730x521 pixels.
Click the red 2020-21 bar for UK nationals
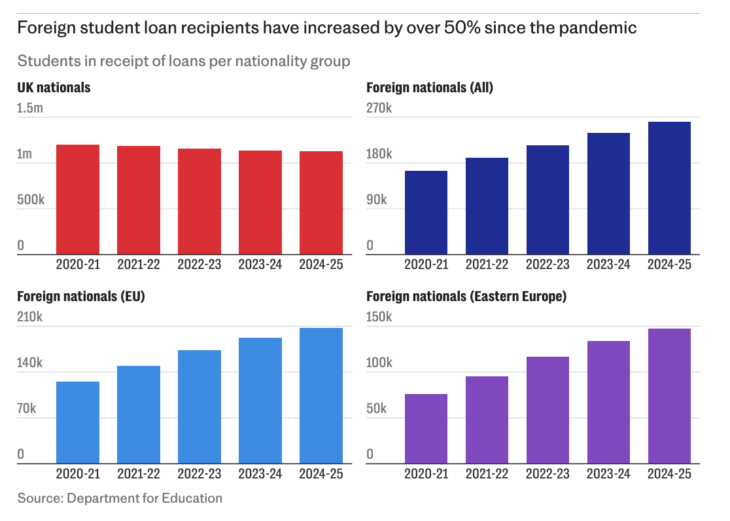click(x=78, y=200)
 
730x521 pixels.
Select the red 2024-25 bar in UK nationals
click(x=321, y=203)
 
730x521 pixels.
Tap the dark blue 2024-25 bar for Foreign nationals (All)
click(x=669, y=188)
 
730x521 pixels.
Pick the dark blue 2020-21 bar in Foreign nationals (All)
click(x=426, y=213)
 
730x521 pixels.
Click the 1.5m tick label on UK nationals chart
click(x=30, y=108)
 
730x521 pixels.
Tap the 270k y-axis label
click(x=379, y=108)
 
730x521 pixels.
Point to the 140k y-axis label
click(x=30, y=363)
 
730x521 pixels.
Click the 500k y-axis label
click(x=31, y=200)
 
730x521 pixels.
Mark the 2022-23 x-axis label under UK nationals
click(x=200, y=264)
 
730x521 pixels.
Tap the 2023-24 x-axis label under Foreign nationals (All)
click(x=608, y=264)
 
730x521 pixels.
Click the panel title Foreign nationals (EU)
click(x=81, y=296)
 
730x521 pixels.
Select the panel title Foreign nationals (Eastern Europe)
click(x=466, y=296)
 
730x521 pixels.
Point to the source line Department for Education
click(x=120, y=498)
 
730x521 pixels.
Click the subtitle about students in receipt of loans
click(x=184, y=61)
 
